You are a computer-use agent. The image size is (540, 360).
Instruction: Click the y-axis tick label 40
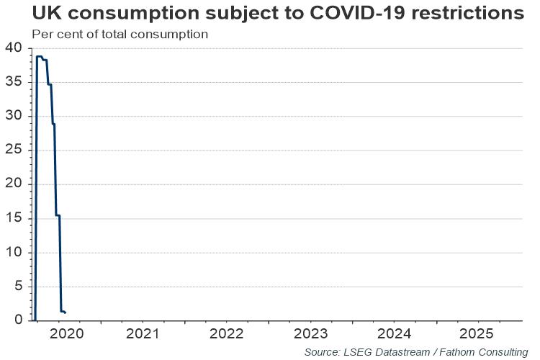click(13, 48)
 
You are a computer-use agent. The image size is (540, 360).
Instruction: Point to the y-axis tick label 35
click(13, 81)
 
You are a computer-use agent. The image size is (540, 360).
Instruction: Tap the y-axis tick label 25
click(13, 150)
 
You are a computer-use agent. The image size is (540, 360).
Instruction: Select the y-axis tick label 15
click(13, 217)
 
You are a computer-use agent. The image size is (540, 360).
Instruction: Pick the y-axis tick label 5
click(18, 286)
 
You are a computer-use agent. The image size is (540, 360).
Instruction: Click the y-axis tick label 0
click(18, 320)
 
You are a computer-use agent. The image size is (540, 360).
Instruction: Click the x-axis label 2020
click(66, 334)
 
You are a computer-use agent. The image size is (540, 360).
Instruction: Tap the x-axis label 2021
click(143, 334)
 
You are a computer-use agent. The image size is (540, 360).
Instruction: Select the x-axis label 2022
click(226, 334)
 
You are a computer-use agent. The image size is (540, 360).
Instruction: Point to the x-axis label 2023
click(310, 334)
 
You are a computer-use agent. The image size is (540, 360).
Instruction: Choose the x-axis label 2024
click(394, 334)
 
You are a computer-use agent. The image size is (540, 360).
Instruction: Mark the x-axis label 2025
click(477, 334)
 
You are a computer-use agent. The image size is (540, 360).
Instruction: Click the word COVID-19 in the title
click(357, 13)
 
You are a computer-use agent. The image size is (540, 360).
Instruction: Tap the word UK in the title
click(45, 13)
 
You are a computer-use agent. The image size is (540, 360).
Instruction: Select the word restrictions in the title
click(468, 13)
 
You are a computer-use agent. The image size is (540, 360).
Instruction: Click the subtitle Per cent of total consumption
click(120, 35)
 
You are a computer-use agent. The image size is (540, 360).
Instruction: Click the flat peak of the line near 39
click(40, 56)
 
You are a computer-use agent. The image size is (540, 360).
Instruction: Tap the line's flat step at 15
click(58, 216)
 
